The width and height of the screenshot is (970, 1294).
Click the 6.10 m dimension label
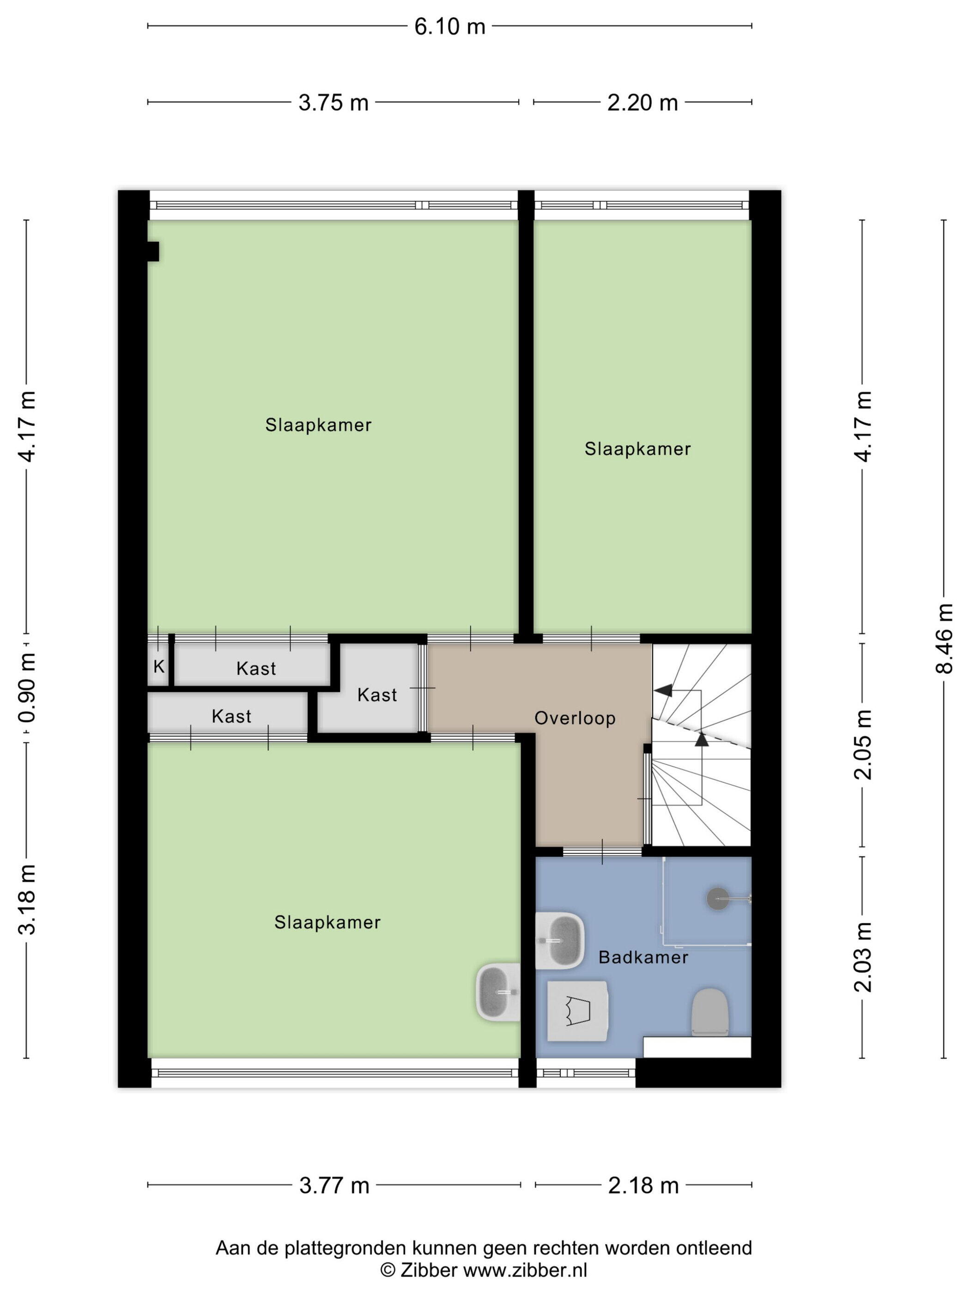click(449, 27)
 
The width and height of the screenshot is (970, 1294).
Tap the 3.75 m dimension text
click(333, 103)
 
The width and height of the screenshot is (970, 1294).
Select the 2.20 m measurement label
click(643, 103)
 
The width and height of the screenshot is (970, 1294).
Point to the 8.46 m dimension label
click(944, 638)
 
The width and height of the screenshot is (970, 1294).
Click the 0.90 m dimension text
click(27, 688)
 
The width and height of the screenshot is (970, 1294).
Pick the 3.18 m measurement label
click(27, 900)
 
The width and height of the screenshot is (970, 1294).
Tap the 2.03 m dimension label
click(863, 957)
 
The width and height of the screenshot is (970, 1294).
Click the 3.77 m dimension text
click(334, 1186)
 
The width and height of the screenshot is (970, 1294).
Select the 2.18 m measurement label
click(643, 1186)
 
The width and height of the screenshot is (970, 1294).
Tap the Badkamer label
click(643, 958)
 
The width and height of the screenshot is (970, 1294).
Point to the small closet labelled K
click(158, 666)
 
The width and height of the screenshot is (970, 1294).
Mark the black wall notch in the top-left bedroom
click(153, 251)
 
